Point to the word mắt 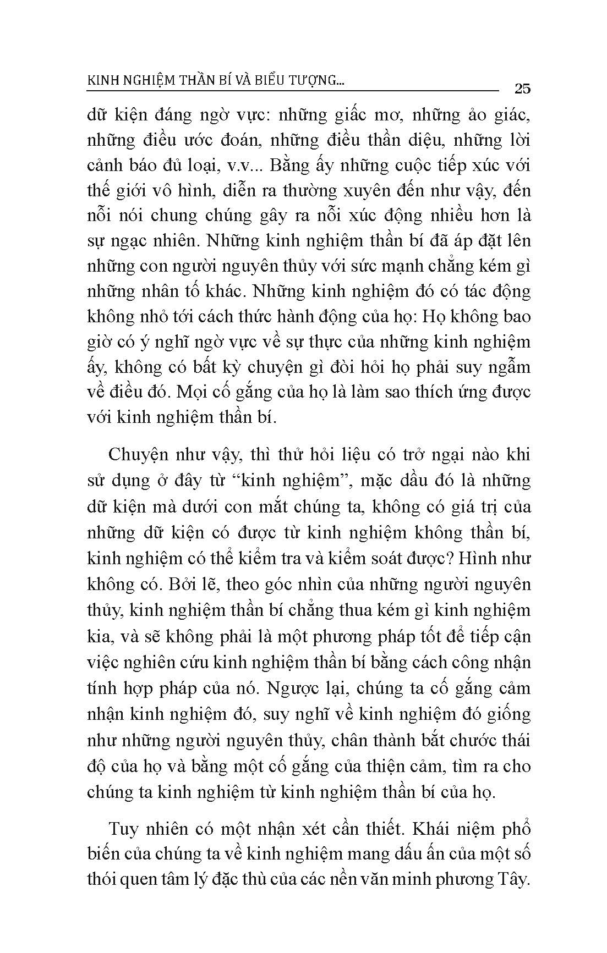272,506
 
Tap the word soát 400,558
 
